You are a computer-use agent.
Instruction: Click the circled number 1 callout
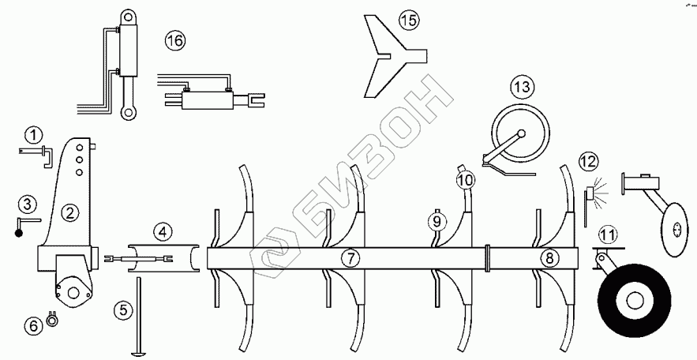(x=32, y=135)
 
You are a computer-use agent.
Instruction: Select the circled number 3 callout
(x=27, y=205)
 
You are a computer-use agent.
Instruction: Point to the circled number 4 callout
(x=161, y=232)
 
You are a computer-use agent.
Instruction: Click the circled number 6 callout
(x=33, y=324)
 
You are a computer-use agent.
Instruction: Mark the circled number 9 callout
(x=435, y=221)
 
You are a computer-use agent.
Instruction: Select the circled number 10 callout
(x=466, y=181)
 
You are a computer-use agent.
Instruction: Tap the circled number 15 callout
(x=407, y=21)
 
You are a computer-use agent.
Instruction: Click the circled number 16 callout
(x=175, y=41)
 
